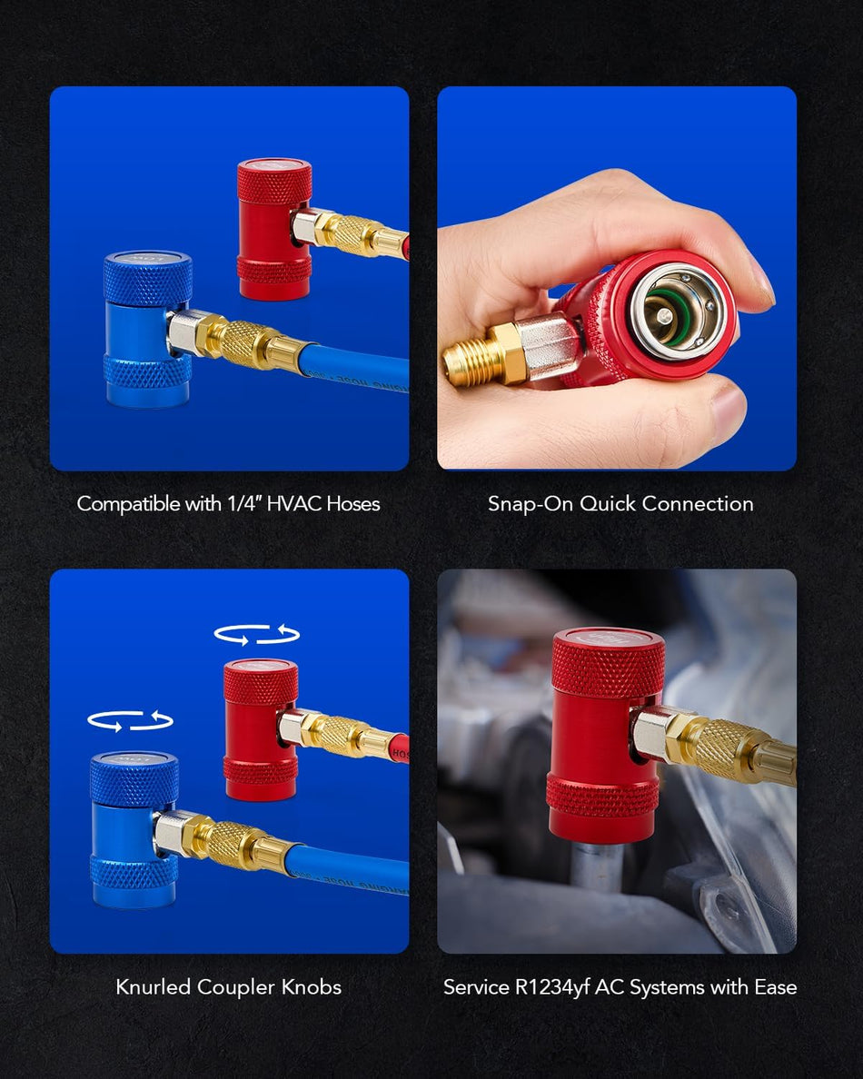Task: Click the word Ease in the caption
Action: (775, 987)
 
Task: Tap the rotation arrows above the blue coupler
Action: (130, 720)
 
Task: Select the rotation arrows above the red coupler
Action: (257, 634)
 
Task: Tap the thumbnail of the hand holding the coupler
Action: (617, 278)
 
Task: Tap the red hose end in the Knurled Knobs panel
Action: (399, 747)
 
